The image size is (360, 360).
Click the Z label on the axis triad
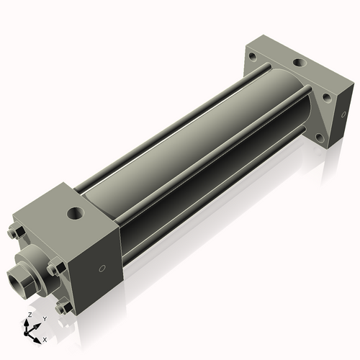[x=29, y=315]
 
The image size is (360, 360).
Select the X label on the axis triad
[x=45, y=338]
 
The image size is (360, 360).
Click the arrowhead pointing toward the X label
[x=38, y=336]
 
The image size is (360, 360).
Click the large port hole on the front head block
[x=75, y=213]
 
